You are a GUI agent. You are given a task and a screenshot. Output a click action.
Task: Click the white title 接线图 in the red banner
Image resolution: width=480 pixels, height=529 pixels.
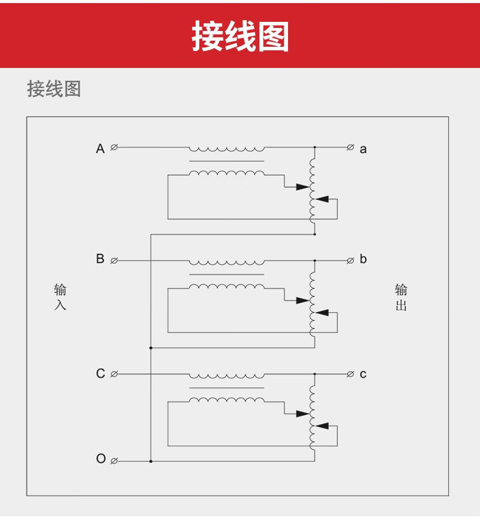pos(240,36)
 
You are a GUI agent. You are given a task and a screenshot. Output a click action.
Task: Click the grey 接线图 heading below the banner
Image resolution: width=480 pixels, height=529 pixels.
pos(54,89)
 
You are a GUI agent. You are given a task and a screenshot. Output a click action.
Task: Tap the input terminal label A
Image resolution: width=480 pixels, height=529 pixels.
pos(100,148)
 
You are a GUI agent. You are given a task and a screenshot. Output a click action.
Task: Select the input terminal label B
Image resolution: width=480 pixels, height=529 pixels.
pos(100,259)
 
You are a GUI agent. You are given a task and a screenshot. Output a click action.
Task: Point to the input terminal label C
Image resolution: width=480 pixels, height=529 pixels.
pos(100,374)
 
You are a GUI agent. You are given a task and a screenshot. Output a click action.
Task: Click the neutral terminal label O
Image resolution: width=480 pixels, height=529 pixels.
pos(101,459)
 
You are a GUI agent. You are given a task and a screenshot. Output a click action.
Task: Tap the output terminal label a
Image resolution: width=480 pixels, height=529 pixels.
pos(363,149)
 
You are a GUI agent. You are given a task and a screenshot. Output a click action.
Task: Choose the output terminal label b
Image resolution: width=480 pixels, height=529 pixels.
pos(363,259)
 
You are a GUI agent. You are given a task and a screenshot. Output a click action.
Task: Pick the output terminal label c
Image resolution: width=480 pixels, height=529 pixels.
pos(363,374)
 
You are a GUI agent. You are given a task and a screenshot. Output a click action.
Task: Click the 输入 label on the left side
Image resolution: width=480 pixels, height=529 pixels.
pos(60,297)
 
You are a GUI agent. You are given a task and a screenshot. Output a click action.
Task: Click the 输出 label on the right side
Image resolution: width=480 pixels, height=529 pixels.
pos(401,297)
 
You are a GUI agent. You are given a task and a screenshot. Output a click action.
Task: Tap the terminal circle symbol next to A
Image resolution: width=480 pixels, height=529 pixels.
pos(114,148)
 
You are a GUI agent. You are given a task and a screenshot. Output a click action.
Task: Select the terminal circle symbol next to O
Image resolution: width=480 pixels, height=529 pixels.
pos(114,461)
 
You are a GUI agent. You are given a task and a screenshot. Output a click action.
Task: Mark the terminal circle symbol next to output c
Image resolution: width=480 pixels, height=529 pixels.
pos(350,374)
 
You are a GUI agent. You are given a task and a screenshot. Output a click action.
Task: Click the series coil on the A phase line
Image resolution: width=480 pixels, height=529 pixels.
pos(227,149)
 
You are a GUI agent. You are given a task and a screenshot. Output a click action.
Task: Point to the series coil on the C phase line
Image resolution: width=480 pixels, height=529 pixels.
pos(227,375)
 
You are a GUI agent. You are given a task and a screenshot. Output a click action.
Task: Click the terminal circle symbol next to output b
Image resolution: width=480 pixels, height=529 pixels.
pos(350,261)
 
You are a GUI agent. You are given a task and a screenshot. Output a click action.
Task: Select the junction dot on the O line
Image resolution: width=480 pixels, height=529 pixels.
pos(151,461)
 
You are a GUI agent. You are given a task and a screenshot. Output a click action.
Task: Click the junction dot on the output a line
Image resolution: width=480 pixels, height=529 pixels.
pos(315,148)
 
